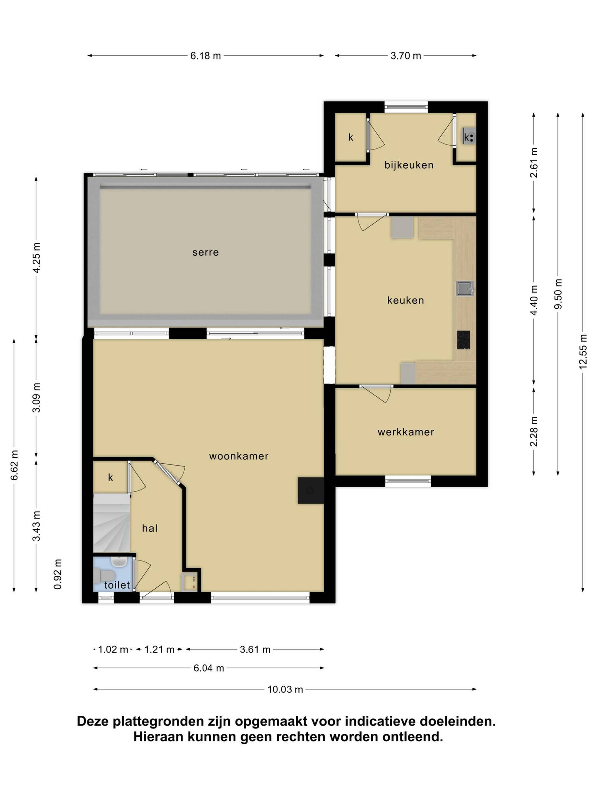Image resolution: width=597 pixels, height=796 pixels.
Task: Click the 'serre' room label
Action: tap(206, 252)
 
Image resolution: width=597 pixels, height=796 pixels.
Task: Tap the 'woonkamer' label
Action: tap(239, 456)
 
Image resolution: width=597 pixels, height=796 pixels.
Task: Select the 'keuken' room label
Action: tap(405, 300)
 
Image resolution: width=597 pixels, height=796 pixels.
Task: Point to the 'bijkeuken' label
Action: tap(409, 165)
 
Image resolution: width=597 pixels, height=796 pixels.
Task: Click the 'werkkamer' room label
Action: tap(406, 432)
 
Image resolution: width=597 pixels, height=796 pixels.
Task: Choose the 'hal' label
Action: tap(150, 528)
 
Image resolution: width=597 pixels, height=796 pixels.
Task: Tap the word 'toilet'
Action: tap(117, 585)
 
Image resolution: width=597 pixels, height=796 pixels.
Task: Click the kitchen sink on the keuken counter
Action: tap(465, 289)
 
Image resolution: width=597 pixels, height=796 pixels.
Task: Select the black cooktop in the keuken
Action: tap(464, 340)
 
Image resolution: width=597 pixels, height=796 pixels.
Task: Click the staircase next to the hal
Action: tap(112, 523)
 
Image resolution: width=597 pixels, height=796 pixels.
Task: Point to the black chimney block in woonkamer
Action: tap(311, 490)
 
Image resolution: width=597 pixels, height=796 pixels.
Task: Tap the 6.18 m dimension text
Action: tap(206, 56)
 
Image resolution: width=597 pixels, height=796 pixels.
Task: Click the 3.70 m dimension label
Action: tap(406, 56)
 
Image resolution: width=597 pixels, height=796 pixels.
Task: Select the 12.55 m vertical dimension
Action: tap(583, 352)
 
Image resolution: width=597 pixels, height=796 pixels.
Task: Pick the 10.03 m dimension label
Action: tap(285, 689)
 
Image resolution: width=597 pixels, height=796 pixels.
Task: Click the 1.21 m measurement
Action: tap(159, 650)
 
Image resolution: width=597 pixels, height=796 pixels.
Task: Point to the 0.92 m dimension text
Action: tap(58, 574)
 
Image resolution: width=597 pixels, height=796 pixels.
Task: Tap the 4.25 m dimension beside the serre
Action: tap(36, 258)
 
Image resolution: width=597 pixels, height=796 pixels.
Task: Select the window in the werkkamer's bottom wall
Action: tap(408, 481)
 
